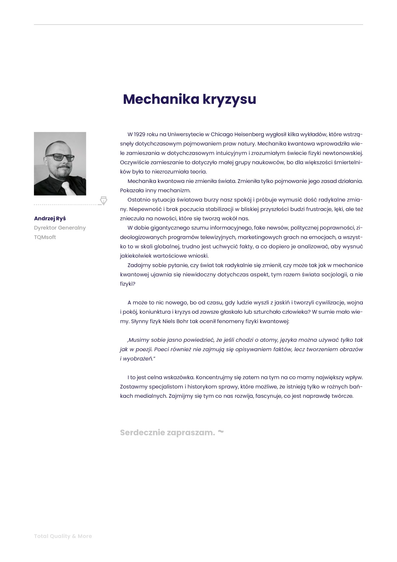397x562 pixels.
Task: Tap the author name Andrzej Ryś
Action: coord(50,218)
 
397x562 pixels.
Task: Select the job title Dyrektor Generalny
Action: coord(60,228)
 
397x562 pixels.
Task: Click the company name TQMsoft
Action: coord(45,237)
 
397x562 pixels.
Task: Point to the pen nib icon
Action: coord(104,201)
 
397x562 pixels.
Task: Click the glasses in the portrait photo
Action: coord(60,157)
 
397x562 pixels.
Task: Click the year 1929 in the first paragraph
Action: coord(140,134)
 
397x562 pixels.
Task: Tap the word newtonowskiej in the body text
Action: coord(343,153)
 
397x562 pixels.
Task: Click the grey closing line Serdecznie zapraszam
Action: coord(167,433)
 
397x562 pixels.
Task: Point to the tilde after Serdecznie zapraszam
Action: coord(221,432)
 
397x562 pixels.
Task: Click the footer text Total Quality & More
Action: coord(63,536)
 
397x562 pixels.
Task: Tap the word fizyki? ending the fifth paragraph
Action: coord(128,284)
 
